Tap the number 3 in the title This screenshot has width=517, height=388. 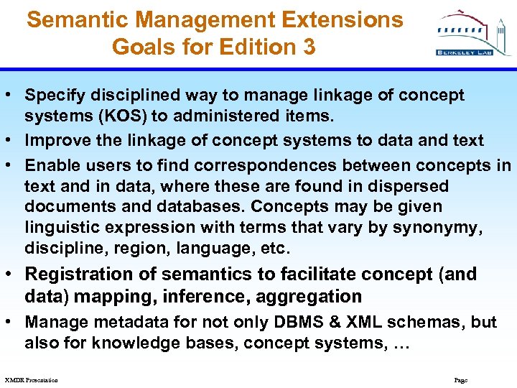[309, 47]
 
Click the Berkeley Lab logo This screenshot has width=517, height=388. [465, 34]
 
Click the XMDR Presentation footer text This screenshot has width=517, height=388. [31, 379]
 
